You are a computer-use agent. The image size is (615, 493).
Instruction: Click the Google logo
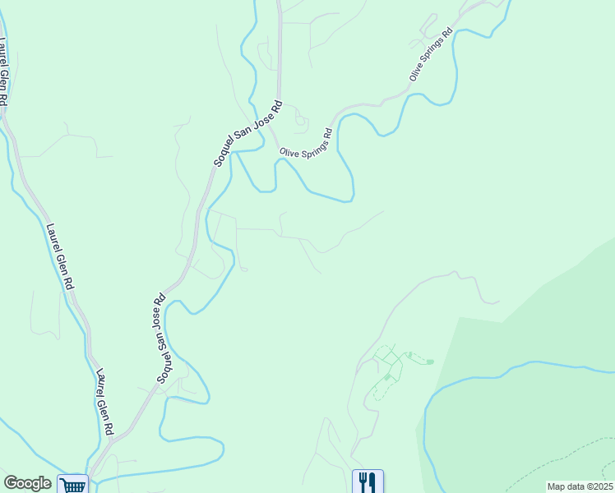[x=27, y=483]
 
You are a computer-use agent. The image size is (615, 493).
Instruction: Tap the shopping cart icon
[x=74, y=485]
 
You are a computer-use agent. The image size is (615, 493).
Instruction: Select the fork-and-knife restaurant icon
[x=368, y=481]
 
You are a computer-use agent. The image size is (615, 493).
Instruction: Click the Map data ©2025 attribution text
[x=580, y=486]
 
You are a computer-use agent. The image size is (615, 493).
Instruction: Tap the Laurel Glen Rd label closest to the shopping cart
[x=104, y=401]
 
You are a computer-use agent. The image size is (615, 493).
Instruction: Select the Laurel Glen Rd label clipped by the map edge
[x=4, y=72]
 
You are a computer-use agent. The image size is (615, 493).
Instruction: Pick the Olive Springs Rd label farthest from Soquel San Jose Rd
[x=431, y=56]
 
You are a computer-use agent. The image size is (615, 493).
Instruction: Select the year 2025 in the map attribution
[x=603, y=486]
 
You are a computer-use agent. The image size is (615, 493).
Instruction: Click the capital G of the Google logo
[x=11, y=483]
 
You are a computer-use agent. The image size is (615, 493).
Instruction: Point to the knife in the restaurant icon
[x=372, y=481]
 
